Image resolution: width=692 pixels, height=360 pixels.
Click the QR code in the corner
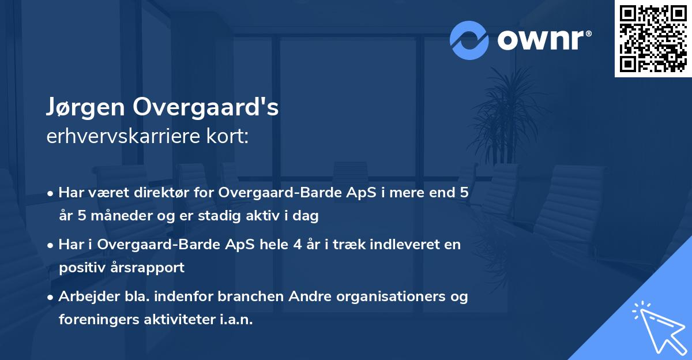pos(653,39)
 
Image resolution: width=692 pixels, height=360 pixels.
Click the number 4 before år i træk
pos(296,245)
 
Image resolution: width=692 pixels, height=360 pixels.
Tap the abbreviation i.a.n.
pos(236,320)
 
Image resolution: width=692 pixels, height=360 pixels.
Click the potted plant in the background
pos(499,115)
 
